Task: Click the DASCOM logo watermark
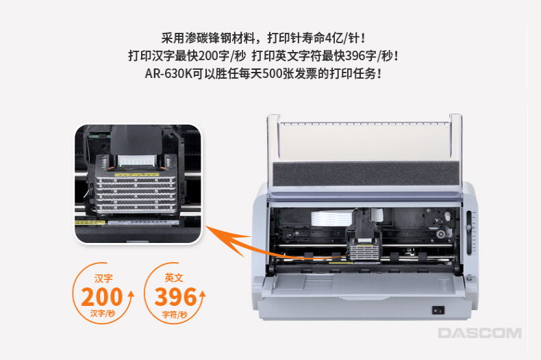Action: [x=479, y=333]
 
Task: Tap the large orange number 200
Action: [x=102, y=297]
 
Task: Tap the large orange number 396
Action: [x=175, y=297]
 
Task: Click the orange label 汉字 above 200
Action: [x=103, y=279]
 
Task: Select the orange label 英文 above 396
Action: [x=174, y=278]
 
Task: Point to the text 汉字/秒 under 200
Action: [x=103, y=313]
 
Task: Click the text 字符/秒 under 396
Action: [x=175, y=314]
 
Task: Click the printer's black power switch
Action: [x=438, y=310]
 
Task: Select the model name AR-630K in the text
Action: [x=168, y=73]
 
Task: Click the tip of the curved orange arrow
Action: [x=206, y=227]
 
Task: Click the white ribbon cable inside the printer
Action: [x=332, y=218]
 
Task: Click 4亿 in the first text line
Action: [x=334, y=38]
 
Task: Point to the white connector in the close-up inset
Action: [x=138, y=160]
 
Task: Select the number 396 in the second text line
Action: [x=355, y=56]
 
